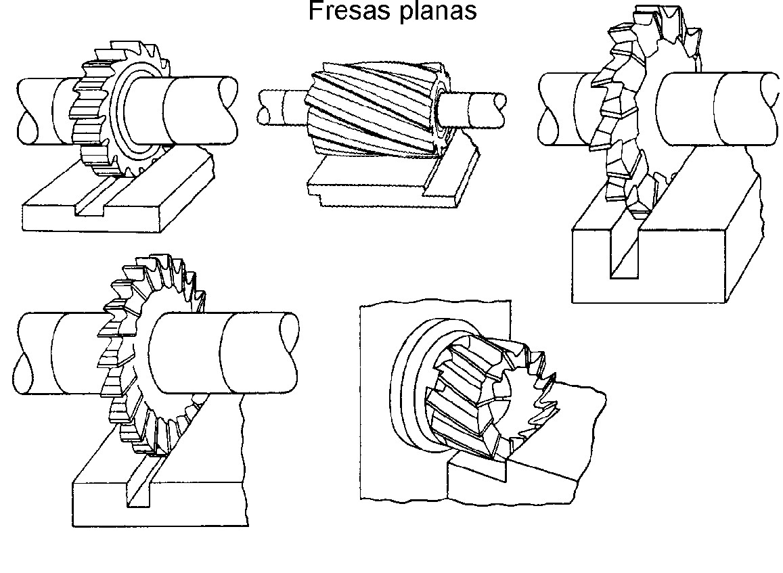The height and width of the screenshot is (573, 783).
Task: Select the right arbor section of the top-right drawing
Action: tap(717, 108)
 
